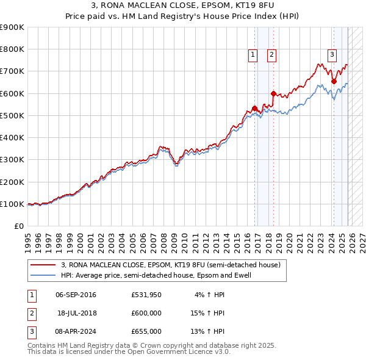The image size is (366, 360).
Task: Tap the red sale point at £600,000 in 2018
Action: coord(273,93)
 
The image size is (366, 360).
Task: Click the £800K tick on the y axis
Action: coord(12,49)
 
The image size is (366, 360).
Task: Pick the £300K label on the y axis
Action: coord(12,160)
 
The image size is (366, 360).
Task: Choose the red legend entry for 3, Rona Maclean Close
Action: coord(170,265)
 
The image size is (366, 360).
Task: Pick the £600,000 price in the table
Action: coord(146,314)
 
